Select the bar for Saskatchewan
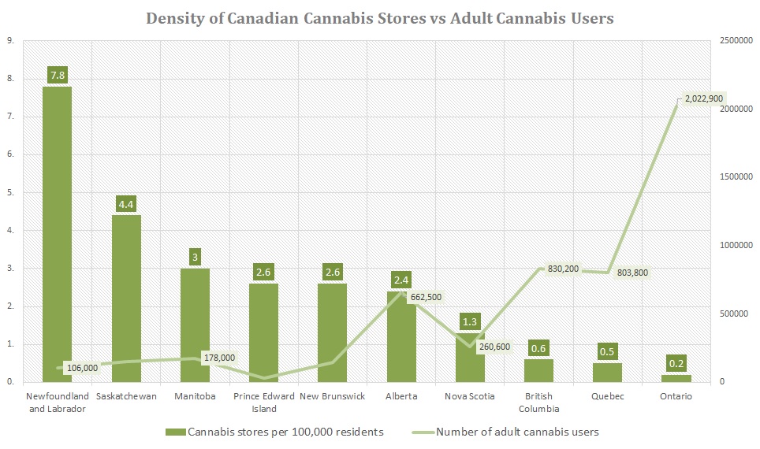click(x=126, y=299)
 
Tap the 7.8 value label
click(x=58, y=75)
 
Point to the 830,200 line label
click(x=564, y=269)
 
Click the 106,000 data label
click(x=83, y=368)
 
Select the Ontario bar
click(x=676, y=378)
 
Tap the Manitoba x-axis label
click(x=196, y=396)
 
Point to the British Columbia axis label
click(x=538, y=403)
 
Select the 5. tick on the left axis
click(x=10, y=192)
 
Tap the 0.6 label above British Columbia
click(x=539, y=349)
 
